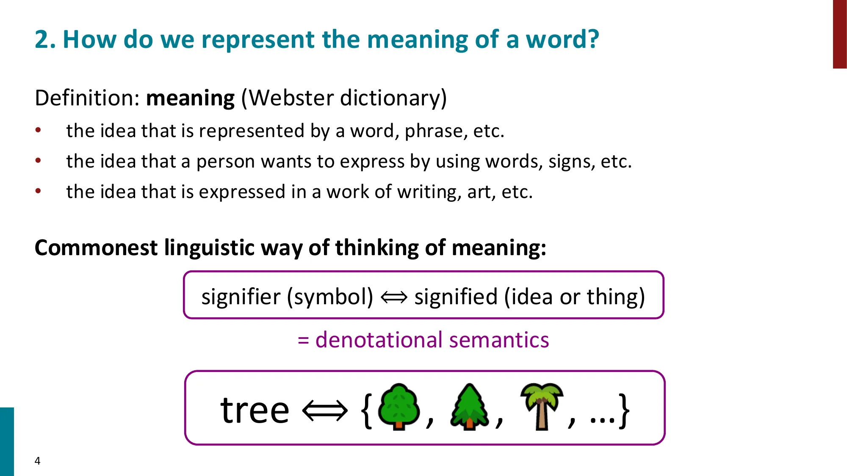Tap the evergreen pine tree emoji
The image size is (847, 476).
click(x=469, y=407)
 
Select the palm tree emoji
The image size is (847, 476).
click(x=542, y=406)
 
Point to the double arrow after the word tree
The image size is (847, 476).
click(x=325, y=410)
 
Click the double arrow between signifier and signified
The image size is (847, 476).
click(x=394, y=297)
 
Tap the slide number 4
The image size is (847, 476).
click(x=37, y=461)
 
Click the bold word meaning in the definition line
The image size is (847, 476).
click(x=190, y=98)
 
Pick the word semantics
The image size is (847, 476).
click(x=499, y=340)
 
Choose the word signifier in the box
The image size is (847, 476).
click(x=241, y=297)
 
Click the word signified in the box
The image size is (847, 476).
click(x=456, y=297)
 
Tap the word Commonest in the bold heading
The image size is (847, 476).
click(x=96, y=248)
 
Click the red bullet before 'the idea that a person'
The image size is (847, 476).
click(x=38, y=161)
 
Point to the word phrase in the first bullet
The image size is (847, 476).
click(x=432, y=132)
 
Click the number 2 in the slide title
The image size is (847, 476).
click(x=42, y=40)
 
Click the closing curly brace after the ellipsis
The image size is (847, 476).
click(x=624, y=410)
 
